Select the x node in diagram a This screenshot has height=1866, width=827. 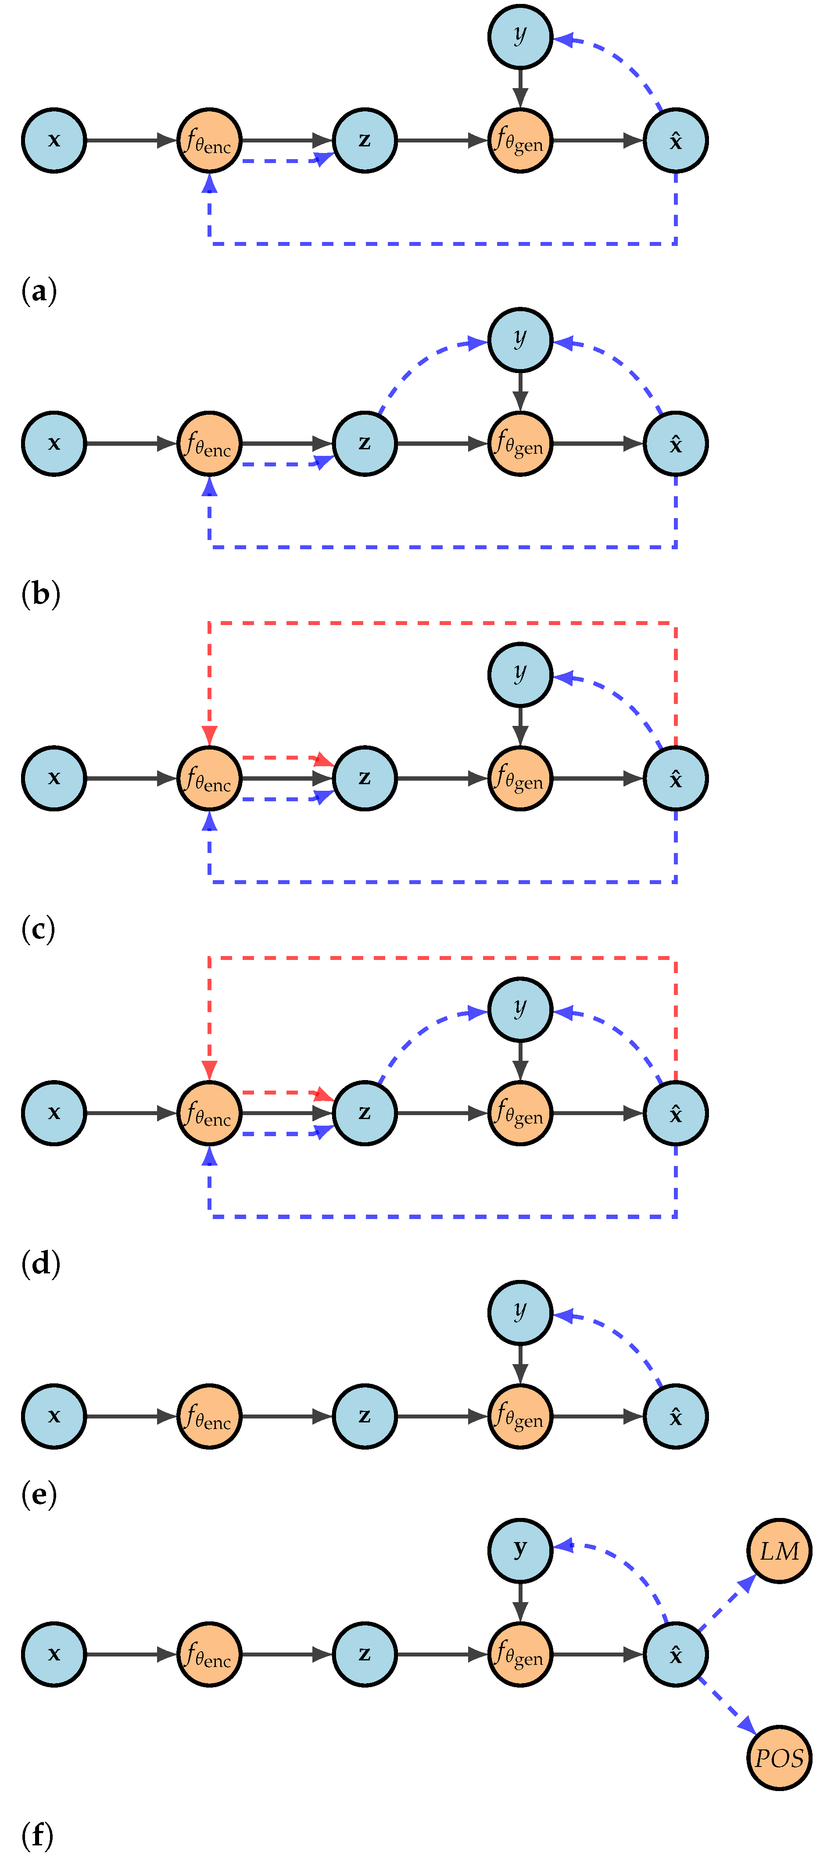coord(54,141)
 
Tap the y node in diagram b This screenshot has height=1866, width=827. coord(520,340)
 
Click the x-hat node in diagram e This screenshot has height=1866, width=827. coord(676,1416)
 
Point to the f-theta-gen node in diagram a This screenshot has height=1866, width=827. coord(520,141)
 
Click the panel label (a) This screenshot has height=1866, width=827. coord(39,291)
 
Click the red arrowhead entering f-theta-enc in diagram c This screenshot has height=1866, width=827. coord(209,735)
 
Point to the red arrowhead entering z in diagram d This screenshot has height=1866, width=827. coord(323,1093)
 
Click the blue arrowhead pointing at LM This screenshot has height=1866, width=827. coord(747,1584)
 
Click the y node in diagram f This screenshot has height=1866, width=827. coord(520,1551)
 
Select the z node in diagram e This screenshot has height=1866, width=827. coord(365,1416)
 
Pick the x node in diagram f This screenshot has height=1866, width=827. coord(54,1654)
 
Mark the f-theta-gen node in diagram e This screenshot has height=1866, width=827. coord(520,1416)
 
